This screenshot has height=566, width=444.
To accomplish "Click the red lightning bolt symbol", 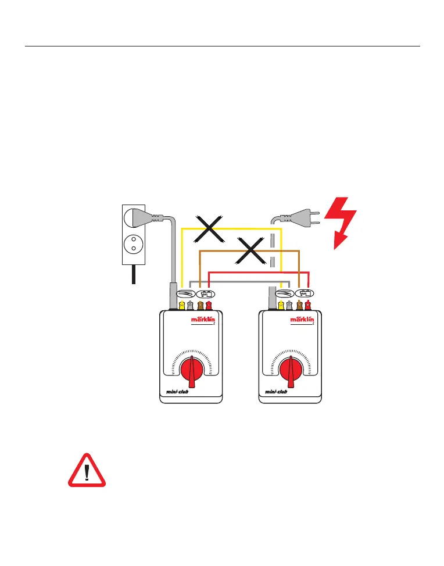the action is coord(342,221).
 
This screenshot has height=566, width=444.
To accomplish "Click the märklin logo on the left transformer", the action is coord(203,320).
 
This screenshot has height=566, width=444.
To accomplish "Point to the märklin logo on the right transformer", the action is coord(302,320).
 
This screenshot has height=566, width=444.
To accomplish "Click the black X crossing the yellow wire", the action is coord(210,228).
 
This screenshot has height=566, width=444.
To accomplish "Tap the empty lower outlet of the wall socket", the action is coord(134,244).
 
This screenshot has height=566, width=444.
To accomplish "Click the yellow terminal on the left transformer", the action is coord(182,305).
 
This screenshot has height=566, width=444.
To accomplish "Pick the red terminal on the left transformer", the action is coord(209,305).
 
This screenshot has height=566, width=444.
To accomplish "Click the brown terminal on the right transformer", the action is coord(299,305).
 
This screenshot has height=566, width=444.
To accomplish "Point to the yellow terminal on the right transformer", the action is coord(281,305).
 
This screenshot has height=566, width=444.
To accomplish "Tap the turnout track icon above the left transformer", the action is coord(185,293).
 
